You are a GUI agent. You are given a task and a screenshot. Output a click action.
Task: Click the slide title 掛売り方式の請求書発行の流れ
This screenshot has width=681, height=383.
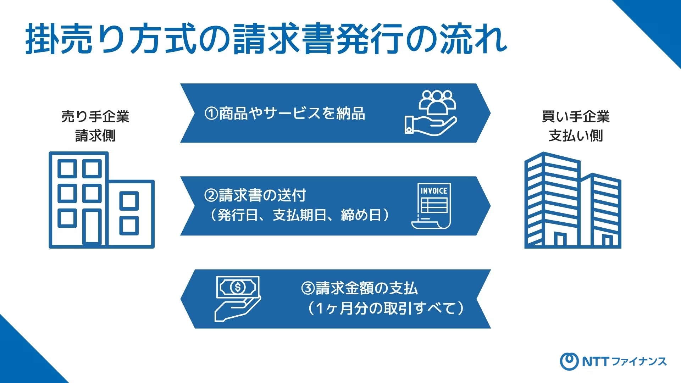tap(266, 39)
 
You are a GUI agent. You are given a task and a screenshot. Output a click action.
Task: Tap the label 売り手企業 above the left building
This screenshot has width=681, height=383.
tap(95, 116)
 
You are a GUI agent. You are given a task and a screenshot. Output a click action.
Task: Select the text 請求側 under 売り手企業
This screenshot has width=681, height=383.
tap(95, 135)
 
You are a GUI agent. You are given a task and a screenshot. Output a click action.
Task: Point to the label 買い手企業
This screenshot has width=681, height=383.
tap(576, 116)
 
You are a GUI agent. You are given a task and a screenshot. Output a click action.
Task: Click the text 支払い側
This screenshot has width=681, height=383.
tap(576, 135)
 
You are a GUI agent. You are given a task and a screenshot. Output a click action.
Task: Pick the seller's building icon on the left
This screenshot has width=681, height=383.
tap(101, 200)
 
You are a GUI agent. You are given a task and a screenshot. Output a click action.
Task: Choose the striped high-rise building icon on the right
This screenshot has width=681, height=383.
tap(573, 200)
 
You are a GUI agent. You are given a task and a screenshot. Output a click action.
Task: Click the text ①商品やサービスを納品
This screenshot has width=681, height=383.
tap(284, 113)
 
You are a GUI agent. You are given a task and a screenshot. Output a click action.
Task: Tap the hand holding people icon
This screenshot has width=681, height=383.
tap(431, 112)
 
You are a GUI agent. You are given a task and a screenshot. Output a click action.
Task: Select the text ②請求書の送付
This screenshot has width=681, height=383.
tap(255, 195)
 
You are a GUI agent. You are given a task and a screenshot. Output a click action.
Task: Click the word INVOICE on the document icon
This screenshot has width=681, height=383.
tap(434, 191)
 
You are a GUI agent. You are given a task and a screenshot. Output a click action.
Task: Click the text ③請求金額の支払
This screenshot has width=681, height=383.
tap(359, 288)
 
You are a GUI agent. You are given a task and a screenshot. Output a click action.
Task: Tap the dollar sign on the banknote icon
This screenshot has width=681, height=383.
tap(238, 287)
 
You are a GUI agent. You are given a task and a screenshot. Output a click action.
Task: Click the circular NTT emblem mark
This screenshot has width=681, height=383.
tap(569, 362)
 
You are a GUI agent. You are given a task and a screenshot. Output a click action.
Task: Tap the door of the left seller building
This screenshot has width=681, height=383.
tap(92, 227)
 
